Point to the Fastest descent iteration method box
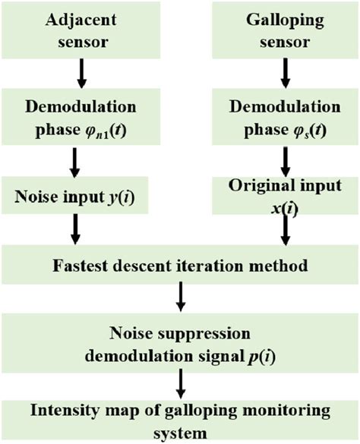click(x=180, y=266)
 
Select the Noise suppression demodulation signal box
click(x=180, y=341)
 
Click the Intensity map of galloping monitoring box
click(x=180, y=419)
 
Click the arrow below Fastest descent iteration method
click(x=181, y=298)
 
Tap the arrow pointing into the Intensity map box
click(x=180, y=380)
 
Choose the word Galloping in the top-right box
click(x=286, y=20)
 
